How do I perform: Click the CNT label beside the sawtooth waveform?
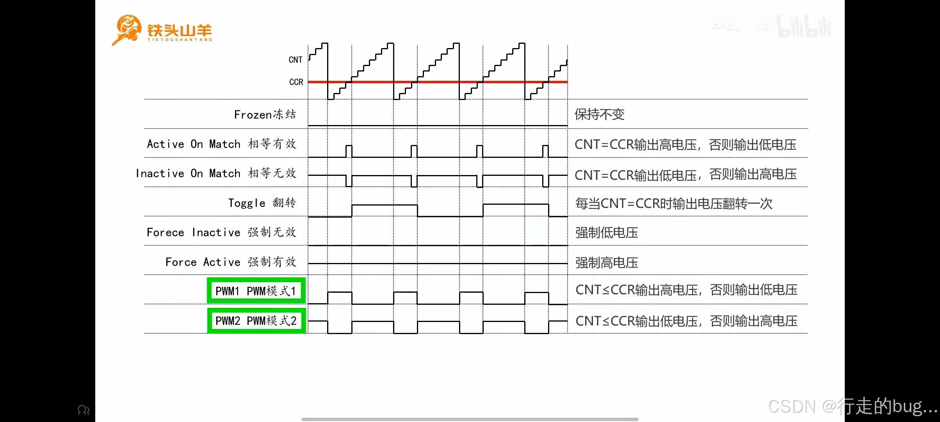296,60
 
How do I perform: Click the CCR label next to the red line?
296,82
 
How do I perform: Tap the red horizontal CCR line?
437,82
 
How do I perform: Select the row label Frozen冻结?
265,114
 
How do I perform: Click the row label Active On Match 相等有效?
221,144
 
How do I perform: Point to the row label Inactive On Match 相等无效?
216,173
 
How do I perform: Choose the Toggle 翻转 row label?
262,203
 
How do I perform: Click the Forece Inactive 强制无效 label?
221,232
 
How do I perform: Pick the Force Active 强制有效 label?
231,262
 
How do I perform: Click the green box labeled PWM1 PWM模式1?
256,291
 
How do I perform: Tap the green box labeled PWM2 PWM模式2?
256,321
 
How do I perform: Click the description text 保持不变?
599,114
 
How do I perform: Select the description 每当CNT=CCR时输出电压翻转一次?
673,204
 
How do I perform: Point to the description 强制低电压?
606,233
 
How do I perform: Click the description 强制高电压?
606,263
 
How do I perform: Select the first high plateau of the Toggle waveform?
385,205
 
